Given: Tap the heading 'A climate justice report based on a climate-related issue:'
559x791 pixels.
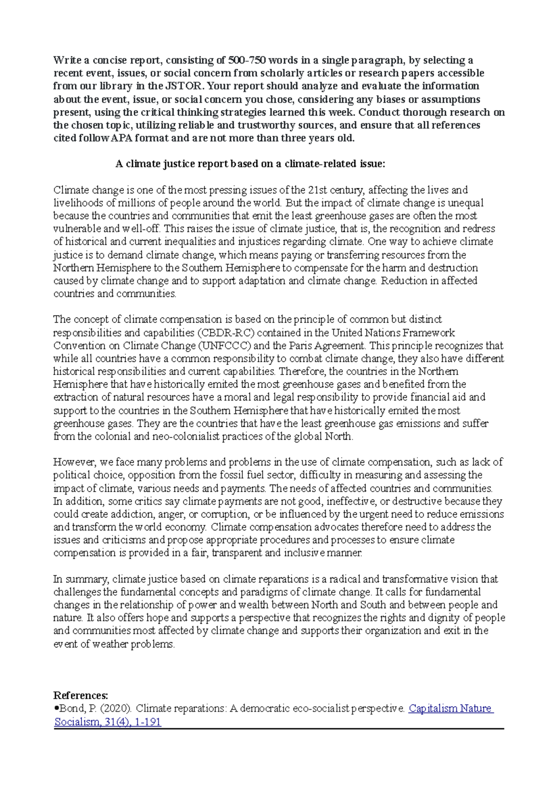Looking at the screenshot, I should click(250, 164).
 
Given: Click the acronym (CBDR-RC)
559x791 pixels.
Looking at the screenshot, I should click(226, 333).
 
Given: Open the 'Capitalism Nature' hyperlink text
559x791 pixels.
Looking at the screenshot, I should click(450, 708).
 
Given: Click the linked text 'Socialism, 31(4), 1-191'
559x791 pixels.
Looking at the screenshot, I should click(108, 722).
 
